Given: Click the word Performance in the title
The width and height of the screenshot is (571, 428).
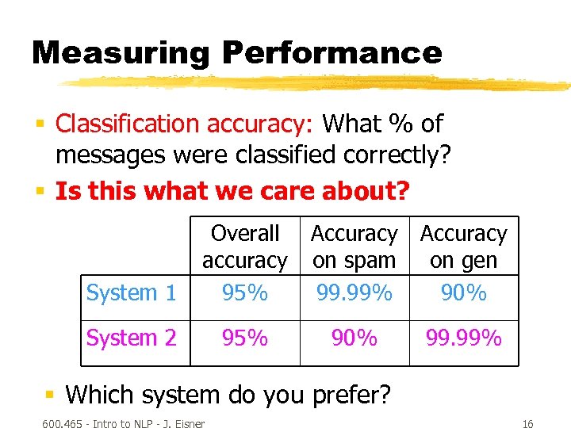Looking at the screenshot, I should (331, 53).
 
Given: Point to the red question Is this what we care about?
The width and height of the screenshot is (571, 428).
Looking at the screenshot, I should (232, 191).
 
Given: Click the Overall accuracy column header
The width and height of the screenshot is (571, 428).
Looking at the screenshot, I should (245, 246).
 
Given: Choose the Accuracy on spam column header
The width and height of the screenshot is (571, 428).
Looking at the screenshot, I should (354, 246).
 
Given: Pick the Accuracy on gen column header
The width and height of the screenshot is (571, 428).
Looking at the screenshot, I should (463, 246).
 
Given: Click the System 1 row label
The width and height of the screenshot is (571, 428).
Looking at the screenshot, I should (132, 293).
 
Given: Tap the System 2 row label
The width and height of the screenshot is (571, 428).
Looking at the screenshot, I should (132, 338).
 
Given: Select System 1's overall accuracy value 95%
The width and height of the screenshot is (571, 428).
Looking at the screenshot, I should (245, 293).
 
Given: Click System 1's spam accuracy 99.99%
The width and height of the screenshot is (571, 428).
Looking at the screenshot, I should (354, 293).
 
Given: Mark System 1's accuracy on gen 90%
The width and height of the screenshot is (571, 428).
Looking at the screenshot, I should (463, 293).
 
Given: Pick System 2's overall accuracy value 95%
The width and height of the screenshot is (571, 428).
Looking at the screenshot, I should (245, 338).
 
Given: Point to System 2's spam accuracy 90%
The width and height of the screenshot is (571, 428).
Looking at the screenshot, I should (354, 338).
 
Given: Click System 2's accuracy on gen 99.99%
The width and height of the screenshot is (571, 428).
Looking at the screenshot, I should (463, 338).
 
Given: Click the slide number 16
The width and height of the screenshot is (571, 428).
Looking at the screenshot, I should (528, 424).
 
